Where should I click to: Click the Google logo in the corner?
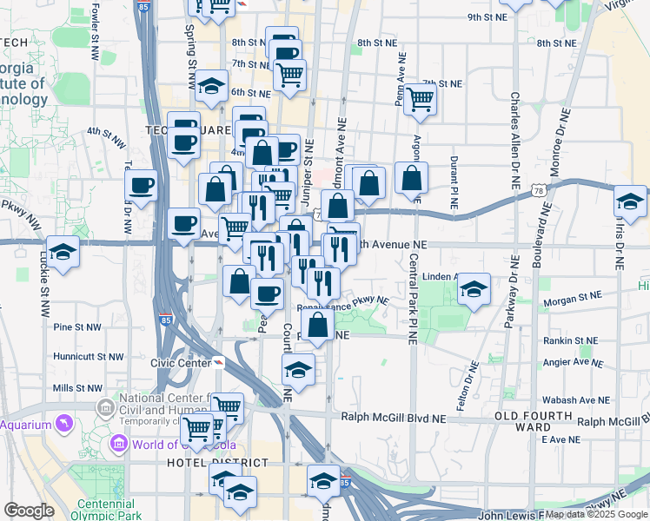coord(29,511)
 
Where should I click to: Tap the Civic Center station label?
coord(180,363)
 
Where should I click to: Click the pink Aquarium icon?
coord(63,424)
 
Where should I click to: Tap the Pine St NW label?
coord(76,327)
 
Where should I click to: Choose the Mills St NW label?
coord(76,388)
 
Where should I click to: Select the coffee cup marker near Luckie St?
coord(142,184)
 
